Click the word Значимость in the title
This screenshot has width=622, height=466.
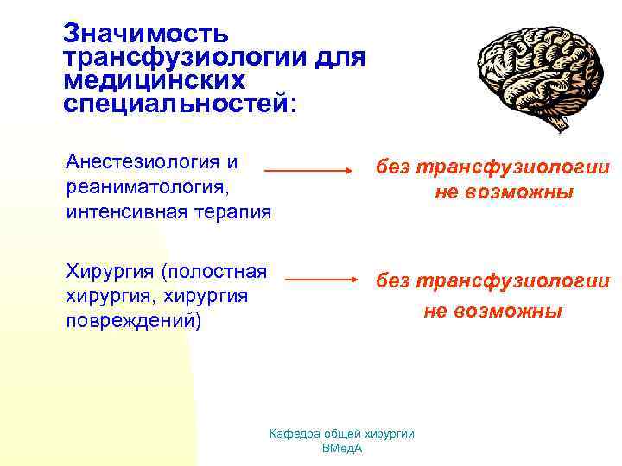146,35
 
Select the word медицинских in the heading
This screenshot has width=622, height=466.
154,81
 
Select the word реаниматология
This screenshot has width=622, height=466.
141,186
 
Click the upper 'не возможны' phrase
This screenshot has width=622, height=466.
504,192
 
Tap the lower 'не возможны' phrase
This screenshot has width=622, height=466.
492,311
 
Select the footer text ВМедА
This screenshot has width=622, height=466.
341,449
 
